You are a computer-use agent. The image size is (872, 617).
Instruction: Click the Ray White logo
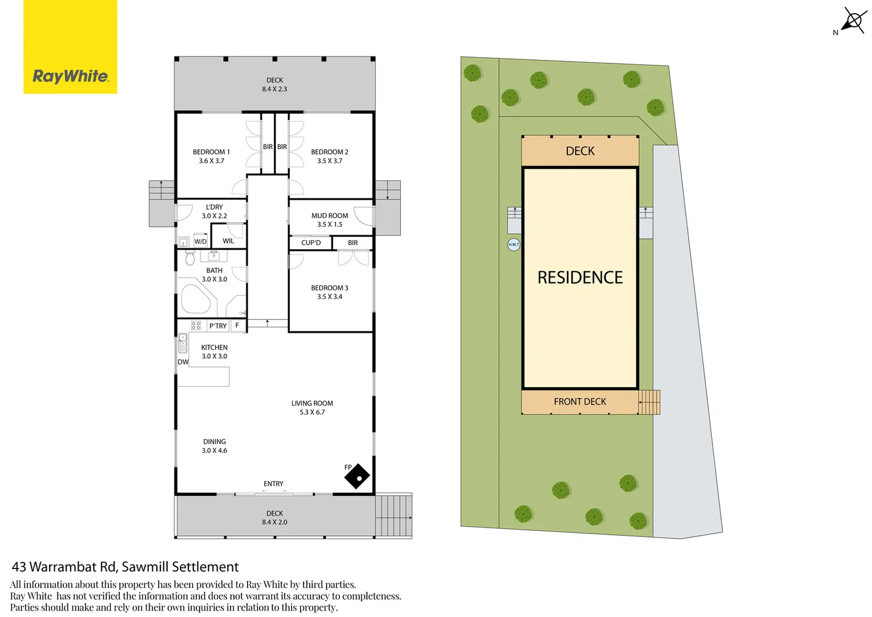pos(70,47)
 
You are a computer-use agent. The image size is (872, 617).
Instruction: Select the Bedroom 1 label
pos(211,152)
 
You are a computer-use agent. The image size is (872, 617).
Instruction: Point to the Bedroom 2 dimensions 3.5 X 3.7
pos(330,161)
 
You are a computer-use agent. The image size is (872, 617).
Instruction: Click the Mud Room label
pos(330,215)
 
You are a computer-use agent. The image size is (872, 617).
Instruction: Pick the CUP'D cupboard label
pos(311,243)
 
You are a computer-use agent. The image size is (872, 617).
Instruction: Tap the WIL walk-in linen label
pos(228,241)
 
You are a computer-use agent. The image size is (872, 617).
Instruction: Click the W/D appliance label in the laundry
pos(200,242)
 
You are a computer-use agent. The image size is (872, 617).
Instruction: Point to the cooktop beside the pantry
pos(196,326)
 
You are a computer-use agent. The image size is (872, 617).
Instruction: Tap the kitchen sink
pos(183,343)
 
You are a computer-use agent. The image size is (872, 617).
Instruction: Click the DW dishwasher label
pos(183,362)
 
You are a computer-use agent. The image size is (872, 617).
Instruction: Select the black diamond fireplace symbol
pos(357,476)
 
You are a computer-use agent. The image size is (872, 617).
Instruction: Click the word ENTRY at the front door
pos(274,484)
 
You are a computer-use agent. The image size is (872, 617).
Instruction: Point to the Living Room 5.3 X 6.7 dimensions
pos(312,412)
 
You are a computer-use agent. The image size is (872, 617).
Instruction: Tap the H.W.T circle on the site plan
pos(514,245)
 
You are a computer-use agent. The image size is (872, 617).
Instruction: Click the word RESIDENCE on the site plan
pos(580,278)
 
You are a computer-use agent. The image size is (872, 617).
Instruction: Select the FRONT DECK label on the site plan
pos(580,402)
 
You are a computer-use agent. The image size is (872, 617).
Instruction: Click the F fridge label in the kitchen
pos(237,325)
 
